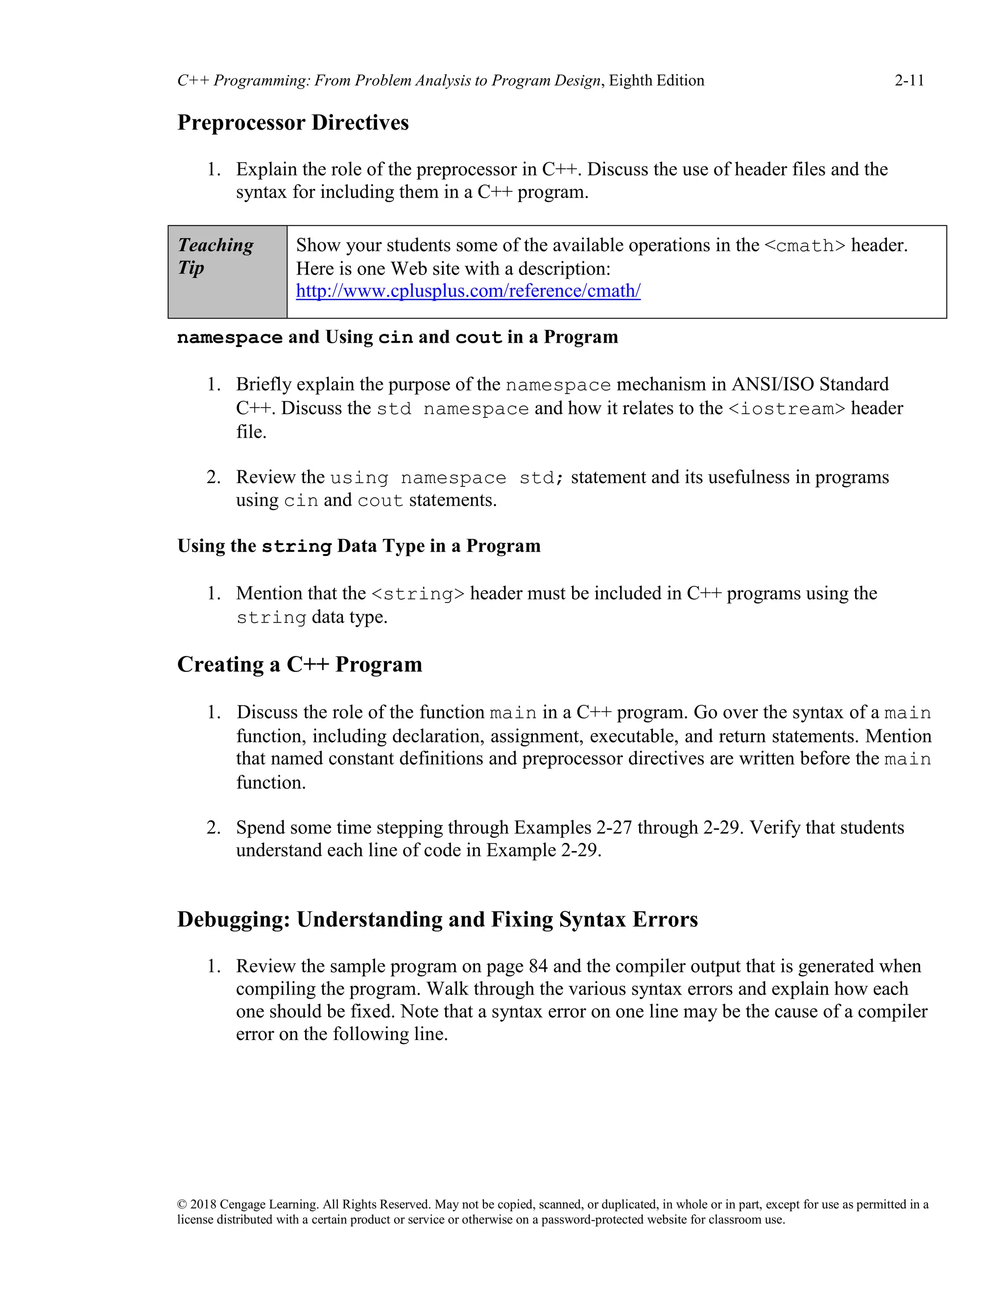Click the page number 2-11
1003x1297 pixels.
tap(909, 80)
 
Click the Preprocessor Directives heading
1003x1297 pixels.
tap(293, 122)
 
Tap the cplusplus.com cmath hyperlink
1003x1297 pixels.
tap(468, 291)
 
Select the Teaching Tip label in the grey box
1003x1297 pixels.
tap(215, 255)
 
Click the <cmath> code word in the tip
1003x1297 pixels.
tap(804, 245)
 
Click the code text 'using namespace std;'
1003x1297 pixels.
tap(447, 478)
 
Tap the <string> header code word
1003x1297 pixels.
tap(418, 593)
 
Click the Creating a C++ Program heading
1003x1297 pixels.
tap(299, 664)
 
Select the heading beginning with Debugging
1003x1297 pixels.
tap(437, 919)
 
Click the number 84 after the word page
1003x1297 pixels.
tap(538, 966)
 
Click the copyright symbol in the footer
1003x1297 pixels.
tap(182, 1204)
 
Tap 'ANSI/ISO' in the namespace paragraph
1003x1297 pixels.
tap(772, 384)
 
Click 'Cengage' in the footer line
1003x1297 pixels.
tap(242, 1204)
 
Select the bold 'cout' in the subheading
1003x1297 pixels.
tap(478, 337)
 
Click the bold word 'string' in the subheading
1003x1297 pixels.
tap(296, 546)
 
